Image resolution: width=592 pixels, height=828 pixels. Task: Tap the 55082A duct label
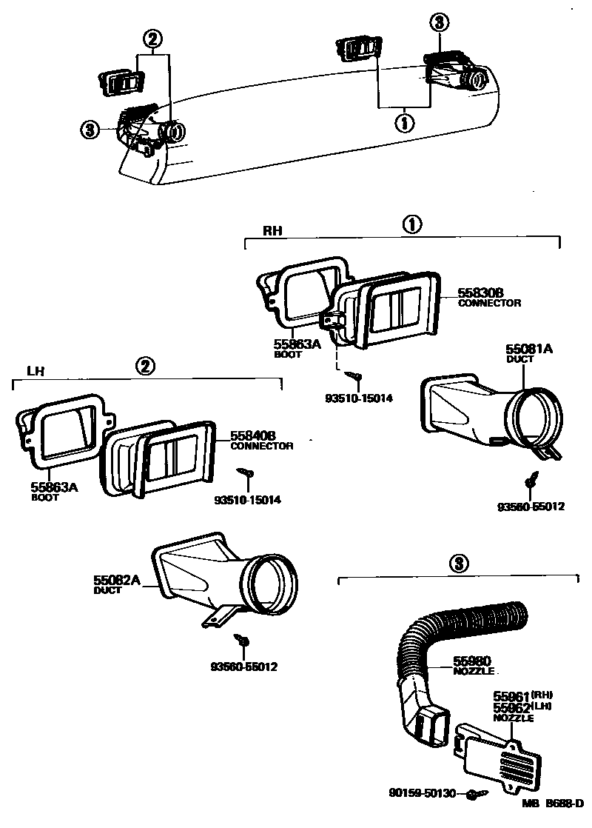[x=117, y=581]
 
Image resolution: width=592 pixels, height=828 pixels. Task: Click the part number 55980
[x=471, y=661]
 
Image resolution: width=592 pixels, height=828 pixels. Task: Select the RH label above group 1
[x=273, y=230]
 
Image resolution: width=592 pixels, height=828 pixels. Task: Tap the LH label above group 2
[x=35, y=373]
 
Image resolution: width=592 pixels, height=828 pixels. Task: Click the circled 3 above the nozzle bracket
[x=459, y=564]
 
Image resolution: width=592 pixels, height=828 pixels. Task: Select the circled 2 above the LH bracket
[x=146, y=364]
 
